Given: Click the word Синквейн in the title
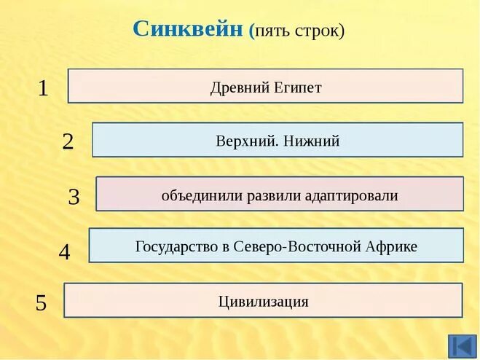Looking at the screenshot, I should click(x=188, y=30).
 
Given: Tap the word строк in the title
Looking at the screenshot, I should click(x=318, y=32).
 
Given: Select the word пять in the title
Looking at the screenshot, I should click(x=274, y=32).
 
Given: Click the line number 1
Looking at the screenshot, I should click(x=43, y=89).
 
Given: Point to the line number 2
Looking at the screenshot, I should click(x=68, y=141).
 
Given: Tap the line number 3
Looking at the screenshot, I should click(x=74, y=197).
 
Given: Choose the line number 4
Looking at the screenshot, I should click(x=65, y=253).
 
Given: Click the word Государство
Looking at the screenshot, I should click(x=178, y=246).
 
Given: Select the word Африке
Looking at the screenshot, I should click(x=393, y=246).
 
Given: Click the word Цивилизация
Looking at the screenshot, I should click(x=264, y=301).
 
